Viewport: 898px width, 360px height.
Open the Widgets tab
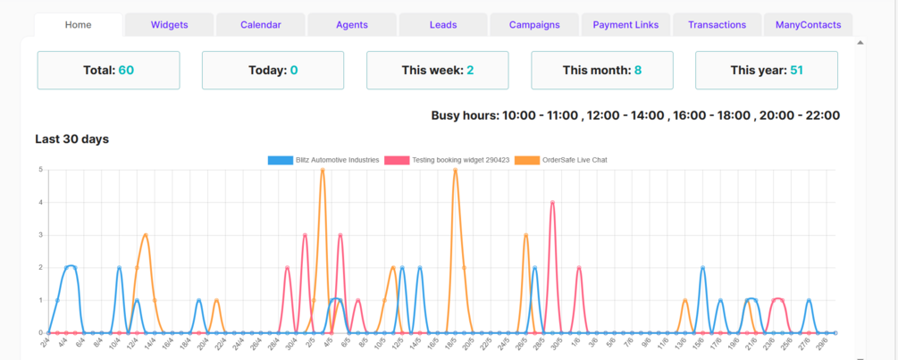pos(169,25)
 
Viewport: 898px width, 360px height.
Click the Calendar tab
pos(260,25)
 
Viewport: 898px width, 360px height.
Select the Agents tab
pos(352,25)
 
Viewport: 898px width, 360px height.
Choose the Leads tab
pos(443,25)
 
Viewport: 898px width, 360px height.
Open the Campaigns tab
pos(534,25)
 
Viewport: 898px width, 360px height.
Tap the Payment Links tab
pos(625,25)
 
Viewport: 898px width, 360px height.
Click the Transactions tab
pos(717,25)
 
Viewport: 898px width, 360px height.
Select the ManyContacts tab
pos(808,25)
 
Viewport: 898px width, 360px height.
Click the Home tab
pos(78,25)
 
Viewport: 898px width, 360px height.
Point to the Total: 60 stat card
pos(108,70)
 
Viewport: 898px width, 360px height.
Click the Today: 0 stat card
pos(273,70)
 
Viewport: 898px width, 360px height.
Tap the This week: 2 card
pos(438,70)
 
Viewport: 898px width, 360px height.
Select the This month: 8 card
pos(602,70)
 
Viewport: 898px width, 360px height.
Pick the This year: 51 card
pos(767,70)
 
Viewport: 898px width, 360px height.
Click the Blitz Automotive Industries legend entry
pos(323,160)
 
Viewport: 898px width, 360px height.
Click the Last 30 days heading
pos(71,138)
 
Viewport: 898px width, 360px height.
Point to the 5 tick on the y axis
pos(40,170)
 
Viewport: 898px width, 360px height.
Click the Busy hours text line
pos(635,115)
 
